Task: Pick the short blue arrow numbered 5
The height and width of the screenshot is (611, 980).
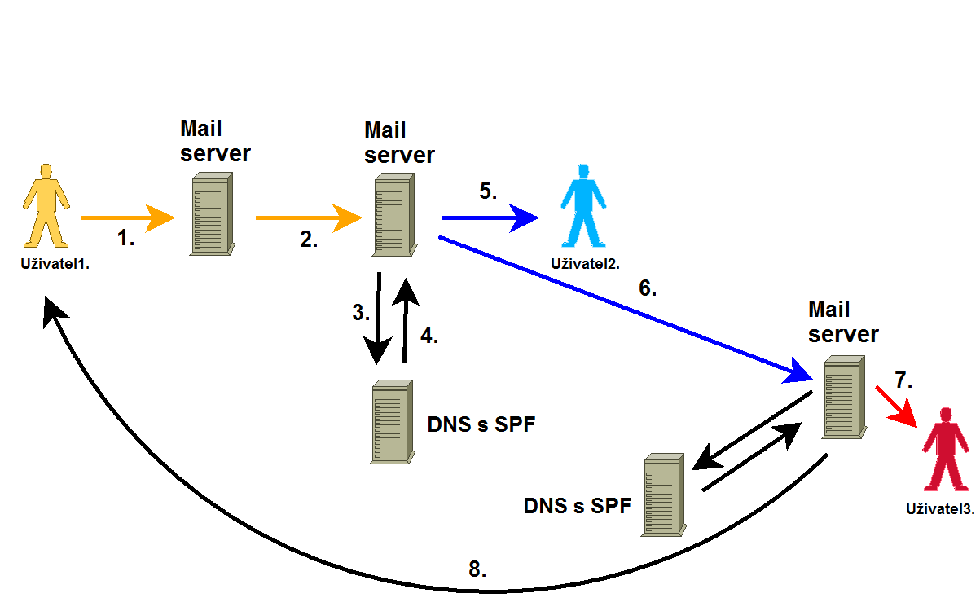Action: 489,218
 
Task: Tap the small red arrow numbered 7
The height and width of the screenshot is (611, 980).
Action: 896,405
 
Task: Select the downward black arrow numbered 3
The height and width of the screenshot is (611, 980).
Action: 378,319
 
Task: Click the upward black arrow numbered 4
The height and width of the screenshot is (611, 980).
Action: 405,319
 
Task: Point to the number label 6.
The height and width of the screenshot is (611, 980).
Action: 648,288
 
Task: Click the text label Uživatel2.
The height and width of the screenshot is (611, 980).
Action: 585,263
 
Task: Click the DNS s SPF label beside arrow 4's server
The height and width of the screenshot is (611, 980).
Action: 481,424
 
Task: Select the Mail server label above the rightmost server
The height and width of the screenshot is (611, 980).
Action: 842,322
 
